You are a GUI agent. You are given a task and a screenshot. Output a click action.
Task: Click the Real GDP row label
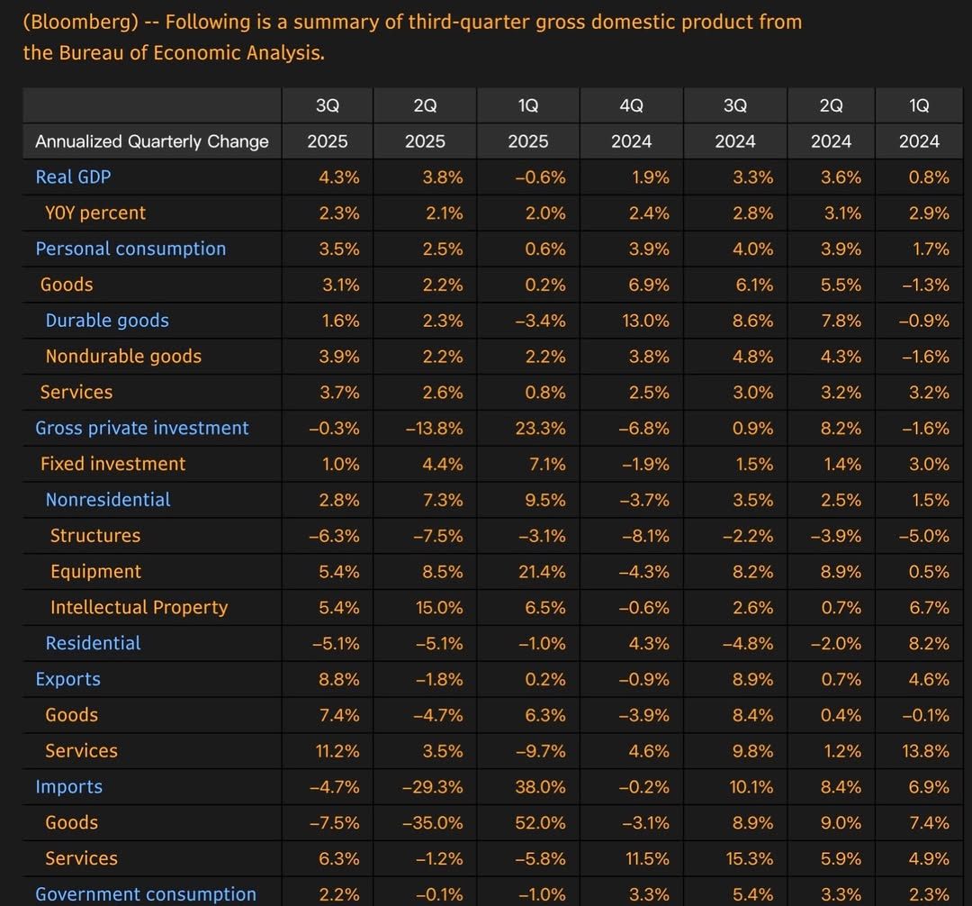tap(73, 177)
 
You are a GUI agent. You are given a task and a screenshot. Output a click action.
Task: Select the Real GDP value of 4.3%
tap(339, 177)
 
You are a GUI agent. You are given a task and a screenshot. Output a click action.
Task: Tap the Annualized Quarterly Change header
tap(152, 141)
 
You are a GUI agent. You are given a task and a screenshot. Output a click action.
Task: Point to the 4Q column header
tap(632, 105)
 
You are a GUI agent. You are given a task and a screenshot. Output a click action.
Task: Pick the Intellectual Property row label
tap(139, 608)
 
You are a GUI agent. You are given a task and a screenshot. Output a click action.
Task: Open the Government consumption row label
tap(146, 894)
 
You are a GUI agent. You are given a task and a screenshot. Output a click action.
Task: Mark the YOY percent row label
tap(95, 213)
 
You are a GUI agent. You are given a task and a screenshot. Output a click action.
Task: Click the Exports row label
tap(67, 680)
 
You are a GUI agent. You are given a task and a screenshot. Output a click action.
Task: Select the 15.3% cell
tap(748, 859)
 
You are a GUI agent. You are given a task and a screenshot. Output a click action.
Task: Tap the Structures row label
tap(95, 536)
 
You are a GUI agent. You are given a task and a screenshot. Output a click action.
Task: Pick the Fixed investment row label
tap(112, 465)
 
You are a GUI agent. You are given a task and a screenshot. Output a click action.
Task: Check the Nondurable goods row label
tap(123, 357)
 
